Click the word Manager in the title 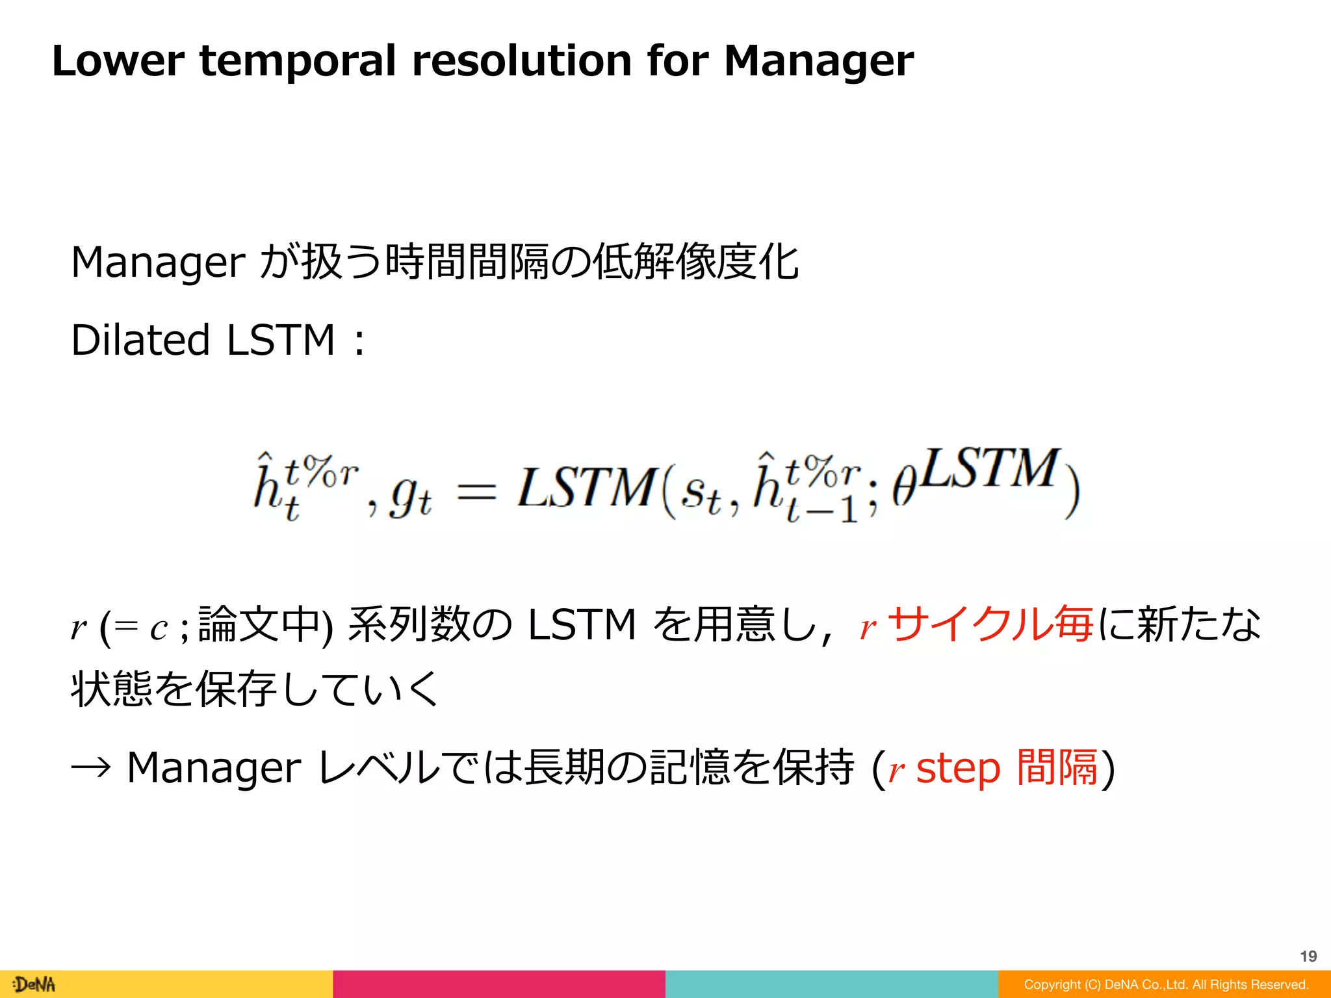pos(818,62)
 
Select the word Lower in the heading pos(118,60)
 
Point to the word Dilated pos(140,340)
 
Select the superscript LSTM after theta pos(989,468)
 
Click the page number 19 pos(1308,956)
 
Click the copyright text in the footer pos(1166,984)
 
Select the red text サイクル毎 pos(990,624)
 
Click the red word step pos(958,768)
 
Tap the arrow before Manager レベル pos(91,768)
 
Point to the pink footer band pos(499,984)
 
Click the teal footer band pos(831,984)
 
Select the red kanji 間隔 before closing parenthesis pos(1057,767)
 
